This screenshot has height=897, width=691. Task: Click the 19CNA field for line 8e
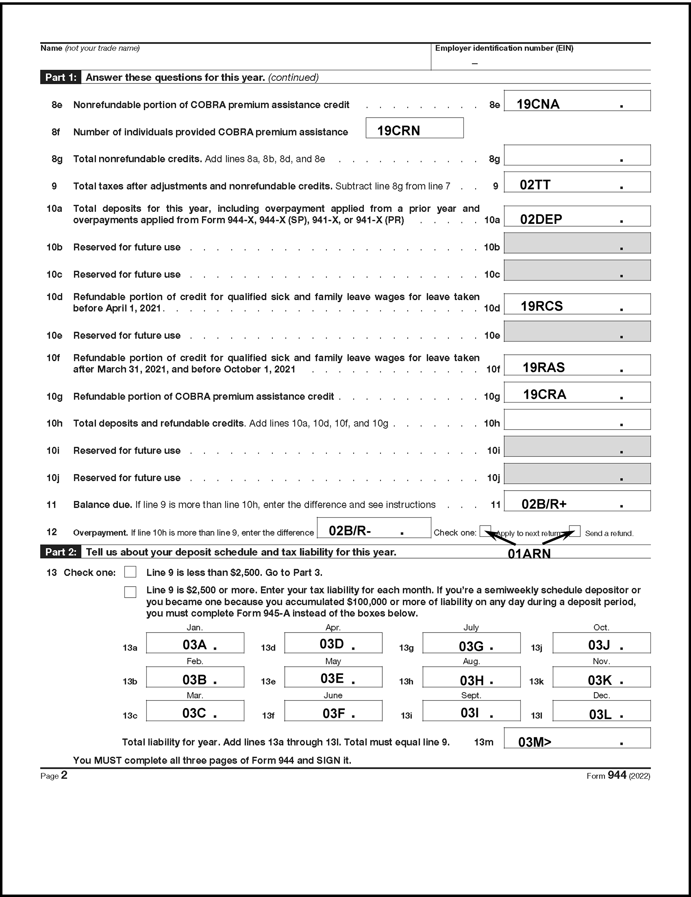(x=577, y=101)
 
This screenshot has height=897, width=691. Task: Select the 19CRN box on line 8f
(x=414, y=128)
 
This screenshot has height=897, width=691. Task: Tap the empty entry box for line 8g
(x=577, y=155)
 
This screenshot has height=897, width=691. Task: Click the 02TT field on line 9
(x=577, y=182)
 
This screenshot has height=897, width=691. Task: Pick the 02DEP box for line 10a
(x=577, y=216)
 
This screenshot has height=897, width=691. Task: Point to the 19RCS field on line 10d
(x=577, y=304)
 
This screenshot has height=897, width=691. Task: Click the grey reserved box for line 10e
(x=577, y=331)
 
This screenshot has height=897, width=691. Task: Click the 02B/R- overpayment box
(x=374, y=528)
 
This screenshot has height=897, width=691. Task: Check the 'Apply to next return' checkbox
(x=485, y=530)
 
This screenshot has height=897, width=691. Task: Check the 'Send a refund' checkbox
(x=575, y=530)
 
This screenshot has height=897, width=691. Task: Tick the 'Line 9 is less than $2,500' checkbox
(x=130, y=572)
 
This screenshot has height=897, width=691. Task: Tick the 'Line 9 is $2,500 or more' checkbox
(x=130, y=592)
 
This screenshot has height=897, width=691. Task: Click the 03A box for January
(x=195, y=643)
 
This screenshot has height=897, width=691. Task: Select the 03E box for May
(x=333, y=677)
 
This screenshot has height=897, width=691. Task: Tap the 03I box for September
(x=471, y=711)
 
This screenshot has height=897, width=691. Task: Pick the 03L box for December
(x=601, y=711)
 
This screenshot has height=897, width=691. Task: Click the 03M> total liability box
(x=577, y=738)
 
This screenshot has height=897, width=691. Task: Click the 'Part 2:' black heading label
(x=61, y=552)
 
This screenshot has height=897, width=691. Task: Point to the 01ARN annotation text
(x=529, y=554)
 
